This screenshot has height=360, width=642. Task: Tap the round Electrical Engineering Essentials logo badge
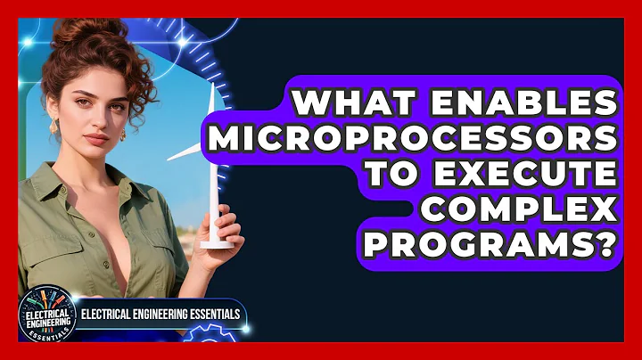coord(44,315)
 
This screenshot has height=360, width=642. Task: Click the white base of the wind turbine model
coord(217,241)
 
